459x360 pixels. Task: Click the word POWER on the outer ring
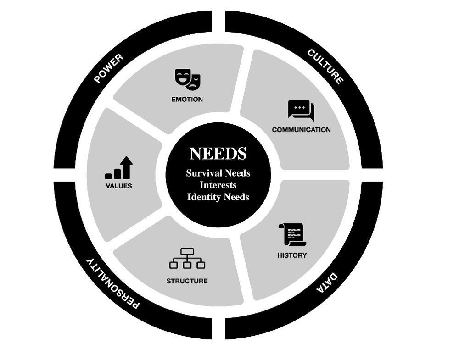pyautogui.click(x=108, y=68)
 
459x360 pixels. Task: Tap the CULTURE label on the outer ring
pyautogui.click(x=325, y=66)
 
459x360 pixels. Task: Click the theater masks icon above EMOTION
pyautogui.click(x=188, y=79)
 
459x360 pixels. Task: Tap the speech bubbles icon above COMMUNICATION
pyautogui.click(x=301, y=110)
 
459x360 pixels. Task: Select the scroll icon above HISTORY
pyautogui.click(x=292, y=234)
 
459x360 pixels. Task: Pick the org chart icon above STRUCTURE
pyautogui.click(x=187, y=258)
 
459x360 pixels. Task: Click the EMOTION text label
pyautogui.click(x=187, y=99)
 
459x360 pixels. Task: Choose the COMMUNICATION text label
pyautogui.click(x=301, y=130)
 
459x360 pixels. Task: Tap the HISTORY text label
pyautogui.click(x=292, y=255)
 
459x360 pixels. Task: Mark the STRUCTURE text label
pyautogui.click(x=187, y=281)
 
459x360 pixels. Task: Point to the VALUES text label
pyautogui.click(x=118, y=186)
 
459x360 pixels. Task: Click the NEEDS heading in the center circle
pyautogui.click(x=218, y=153)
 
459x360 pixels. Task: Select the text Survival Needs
pyautogui.click(x=218, y=173)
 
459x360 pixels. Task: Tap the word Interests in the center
pyautogui.click(x=218, y=185)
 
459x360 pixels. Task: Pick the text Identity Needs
pyautogui.click(x=218, y=197)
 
